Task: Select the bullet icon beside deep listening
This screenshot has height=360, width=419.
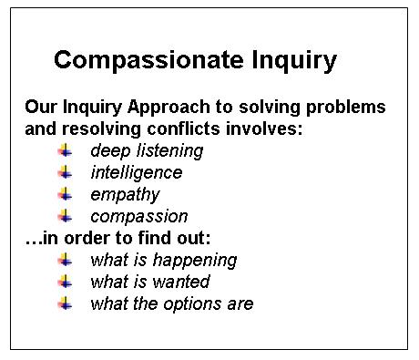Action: click(x=66, y=150)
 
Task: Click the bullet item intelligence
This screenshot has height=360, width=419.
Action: click(x=136, y=172)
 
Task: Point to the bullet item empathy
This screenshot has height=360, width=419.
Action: click(x=125, y=194)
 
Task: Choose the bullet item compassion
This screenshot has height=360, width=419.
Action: click(x=138, y=216)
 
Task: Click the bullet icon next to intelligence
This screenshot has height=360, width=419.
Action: click(x=66, y=172)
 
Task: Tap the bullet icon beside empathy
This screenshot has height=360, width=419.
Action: click(x=66, y=194)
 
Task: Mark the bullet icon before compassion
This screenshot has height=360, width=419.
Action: click(x=66, y=216)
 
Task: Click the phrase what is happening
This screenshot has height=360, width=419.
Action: click(x=163, y=260)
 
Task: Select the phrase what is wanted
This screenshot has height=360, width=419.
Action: click(x=149, y=282)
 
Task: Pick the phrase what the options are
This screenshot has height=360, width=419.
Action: click(x=171, y=303)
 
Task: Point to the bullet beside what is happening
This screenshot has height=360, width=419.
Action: click(x=66, y=260)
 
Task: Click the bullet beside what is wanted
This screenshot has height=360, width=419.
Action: click(x=66, y=282)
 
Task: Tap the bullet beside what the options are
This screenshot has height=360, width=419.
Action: click(x=66, y=303)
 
